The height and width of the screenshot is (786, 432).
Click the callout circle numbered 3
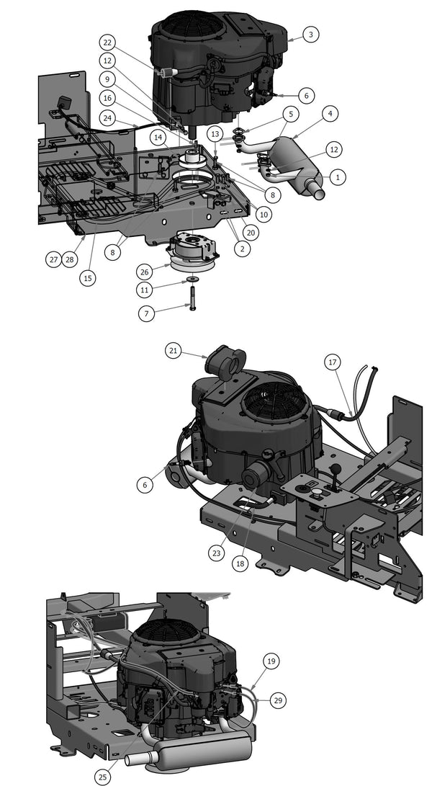310,34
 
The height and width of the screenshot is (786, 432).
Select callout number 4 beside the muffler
330,113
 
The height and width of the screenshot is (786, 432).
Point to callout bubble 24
107,118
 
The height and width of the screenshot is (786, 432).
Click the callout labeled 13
215,134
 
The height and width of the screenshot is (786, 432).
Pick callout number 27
53,259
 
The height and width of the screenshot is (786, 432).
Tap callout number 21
173,351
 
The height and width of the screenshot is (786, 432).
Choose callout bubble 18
240,563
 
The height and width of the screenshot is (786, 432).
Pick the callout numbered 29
277,700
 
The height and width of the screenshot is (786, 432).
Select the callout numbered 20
250,232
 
